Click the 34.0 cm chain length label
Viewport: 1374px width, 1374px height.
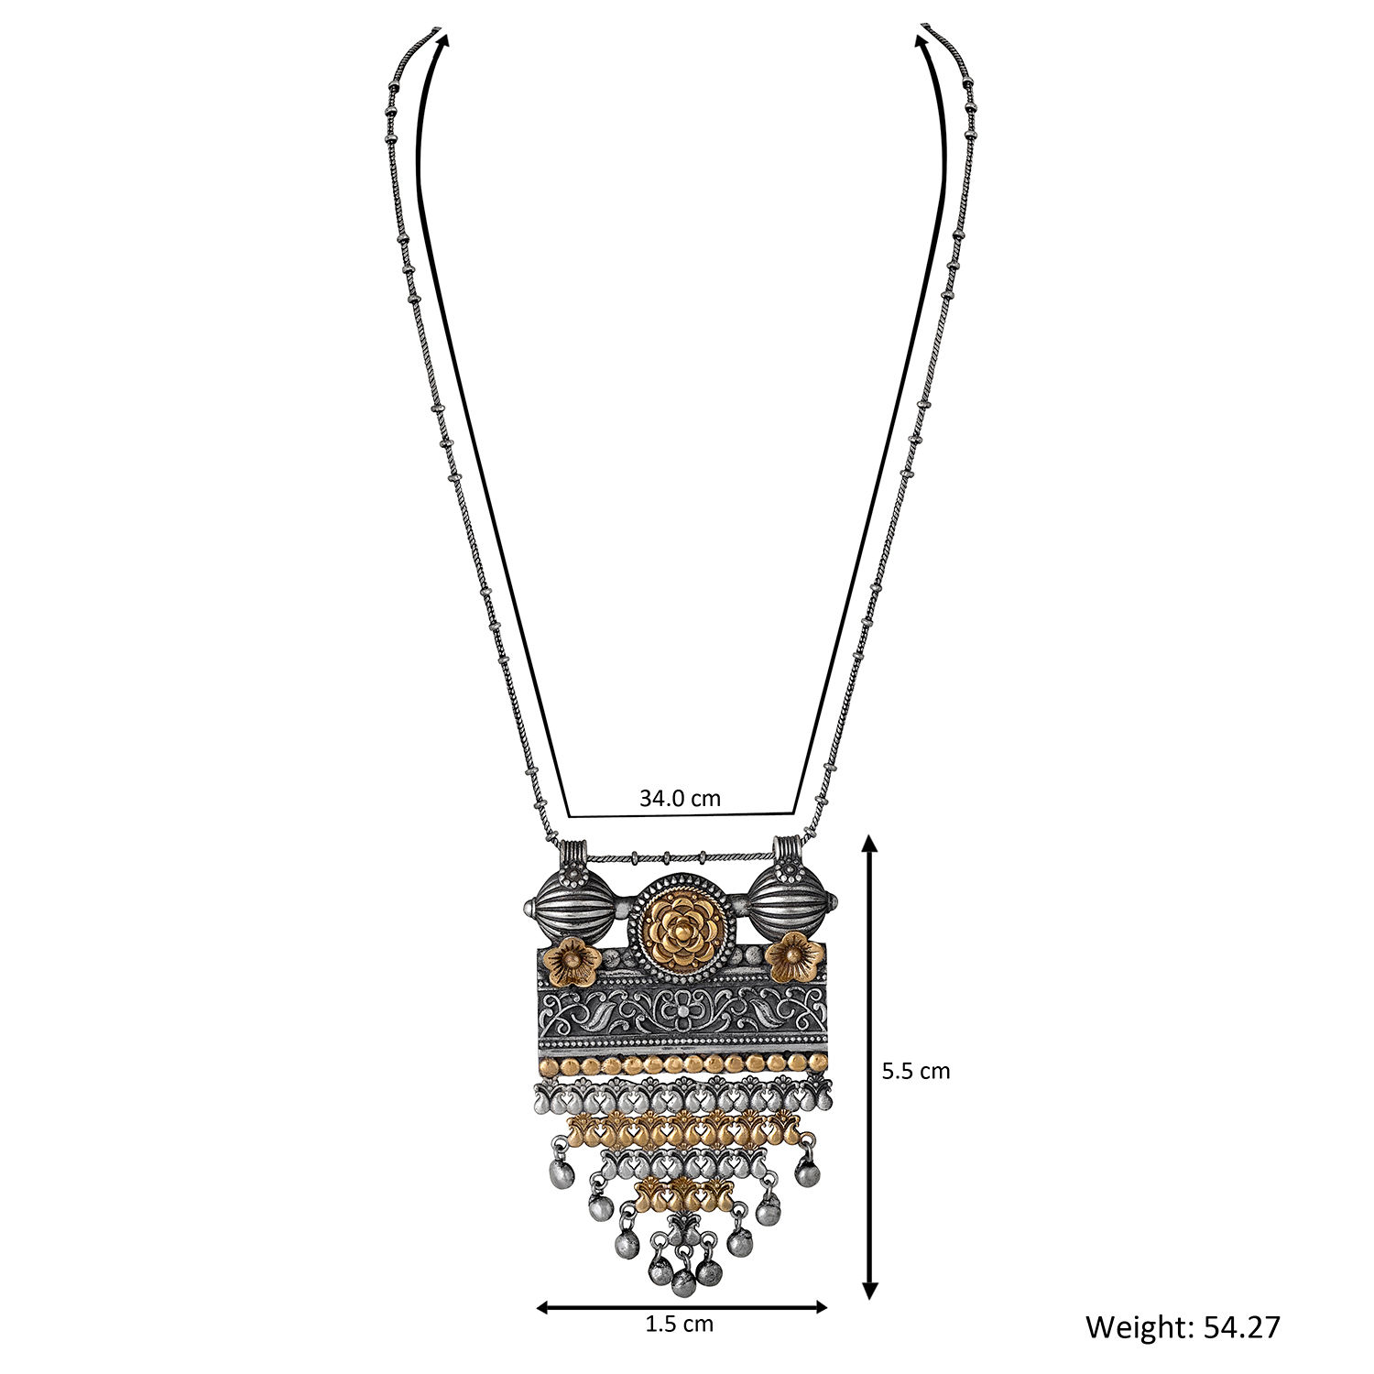pos(680,798)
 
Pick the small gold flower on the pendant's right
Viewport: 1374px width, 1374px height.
pos(791,958)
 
